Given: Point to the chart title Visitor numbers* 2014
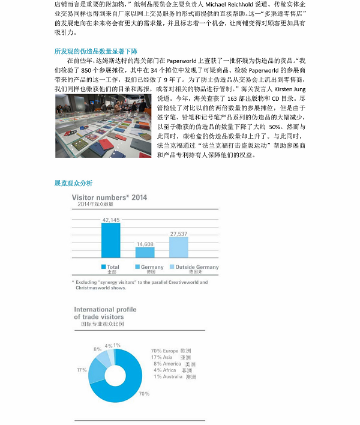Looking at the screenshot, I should pos(109,197).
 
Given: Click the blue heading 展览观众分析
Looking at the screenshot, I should pos(73,182).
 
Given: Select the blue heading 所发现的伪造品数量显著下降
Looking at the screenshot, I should pos(96,51).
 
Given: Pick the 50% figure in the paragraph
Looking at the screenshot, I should pos(274,127).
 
